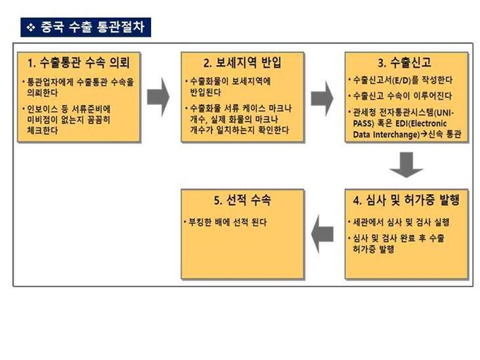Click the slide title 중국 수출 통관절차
click(92, 27)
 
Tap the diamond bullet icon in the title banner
click(30, 28)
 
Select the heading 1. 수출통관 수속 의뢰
click(78, 62)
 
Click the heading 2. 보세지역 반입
click(242, 62)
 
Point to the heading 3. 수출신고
click(404, 62)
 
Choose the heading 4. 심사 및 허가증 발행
click(406, 200)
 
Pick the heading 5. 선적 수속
click(242, 200)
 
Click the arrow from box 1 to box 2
click(158, 97)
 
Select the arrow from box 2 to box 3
click(322, 98)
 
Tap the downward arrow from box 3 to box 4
click(406, 164)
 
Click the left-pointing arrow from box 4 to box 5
click(322, 234)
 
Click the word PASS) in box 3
click(364, 124)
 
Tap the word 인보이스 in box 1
click(42, 109)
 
